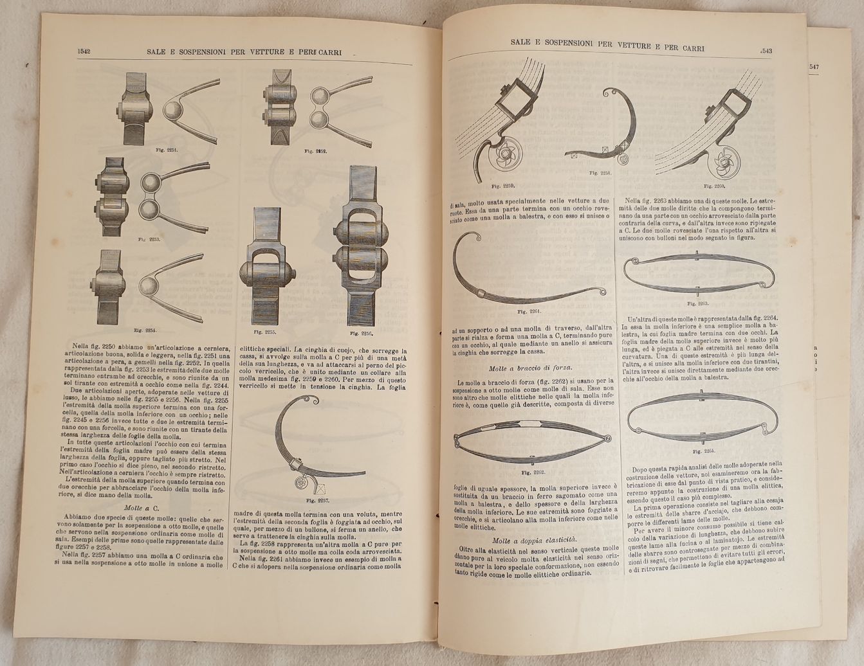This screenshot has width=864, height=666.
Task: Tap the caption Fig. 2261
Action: [530, 311]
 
